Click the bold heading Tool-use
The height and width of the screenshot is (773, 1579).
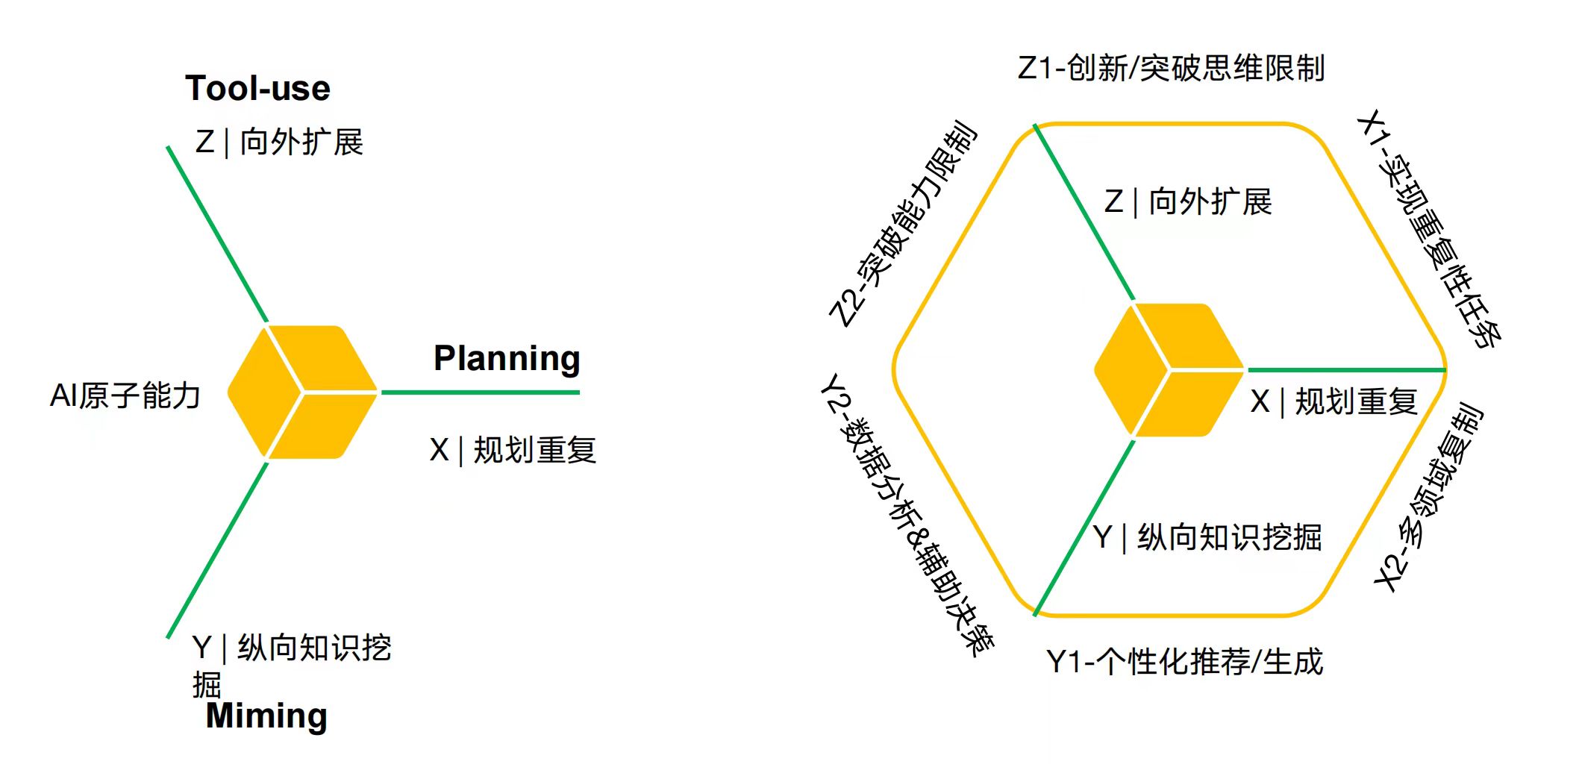tap(257, 89)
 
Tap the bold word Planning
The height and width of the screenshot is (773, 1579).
tap(507, 359)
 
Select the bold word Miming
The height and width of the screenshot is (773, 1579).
tap(266, 716)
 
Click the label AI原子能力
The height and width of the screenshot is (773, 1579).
tap(125, 395)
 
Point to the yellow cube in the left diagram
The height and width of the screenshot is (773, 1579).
tap(302, 392)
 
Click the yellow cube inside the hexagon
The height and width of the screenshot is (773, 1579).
tap(1169, 370)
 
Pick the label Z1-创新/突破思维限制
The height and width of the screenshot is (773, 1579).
tap(1171, 69)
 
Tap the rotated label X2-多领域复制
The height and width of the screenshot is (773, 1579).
tap(1430, 497)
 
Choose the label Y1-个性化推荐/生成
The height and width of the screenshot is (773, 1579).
tap(1184, 662)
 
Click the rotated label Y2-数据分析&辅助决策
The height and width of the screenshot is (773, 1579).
tap(907, 515)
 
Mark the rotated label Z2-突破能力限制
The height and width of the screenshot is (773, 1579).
tap(903, 224)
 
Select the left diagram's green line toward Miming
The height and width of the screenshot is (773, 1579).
tap(217, 551)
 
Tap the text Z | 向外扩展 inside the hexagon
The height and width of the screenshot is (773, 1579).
tap(1188, 202)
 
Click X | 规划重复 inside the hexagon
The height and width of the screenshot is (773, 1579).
tap(1333, 402)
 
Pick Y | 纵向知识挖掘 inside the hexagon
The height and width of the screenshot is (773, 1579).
tap(1207, 537)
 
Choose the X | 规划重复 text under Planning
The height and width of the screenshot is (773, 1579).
tap(513, 450)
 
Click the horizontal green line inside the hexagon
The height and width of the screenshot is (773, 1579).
tap(1346, 370)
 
